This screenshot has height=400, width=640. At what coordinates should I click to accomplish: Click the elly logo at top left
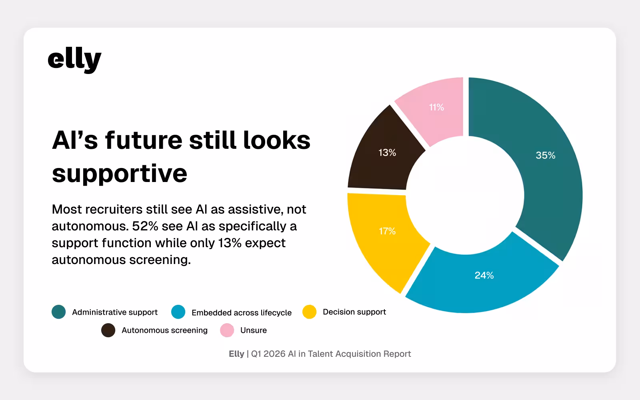click(x=74, y=60)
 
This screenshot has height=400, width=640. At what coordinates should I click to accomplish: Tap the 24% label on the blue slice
click(x=484, y=275)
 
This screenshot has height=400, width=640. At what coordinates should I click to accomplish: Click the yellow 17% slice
click(x=384, y=240)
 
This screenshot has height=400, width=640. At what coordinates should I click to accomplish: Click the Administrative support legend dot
click(x=59, y=312)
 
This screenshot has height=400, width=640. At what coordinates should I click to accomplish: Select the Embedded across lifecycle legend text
click(x=241, y=312)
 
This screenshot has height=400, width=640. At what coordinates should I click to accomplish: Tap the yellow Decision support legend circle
click(x=309, y=312)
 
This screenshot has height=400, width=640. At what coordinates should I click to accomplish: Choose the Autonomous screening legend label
click(x=164, y=330)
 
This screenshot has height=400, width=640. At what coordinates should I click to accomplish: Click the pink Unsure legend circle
click(x=227, y=330)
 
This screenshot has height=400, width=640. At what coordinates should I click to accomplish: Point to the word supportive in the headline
click(x=119, y=173)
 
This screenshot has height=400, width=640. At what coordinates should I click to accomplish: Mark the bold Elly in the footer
click(x=236, y=354)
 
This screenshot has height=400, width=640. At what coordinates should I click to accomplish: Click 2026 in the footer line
click(x=274, y=354)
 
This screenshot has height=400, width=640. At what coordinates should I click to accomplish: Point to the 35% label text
click(x=545, y=155)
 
